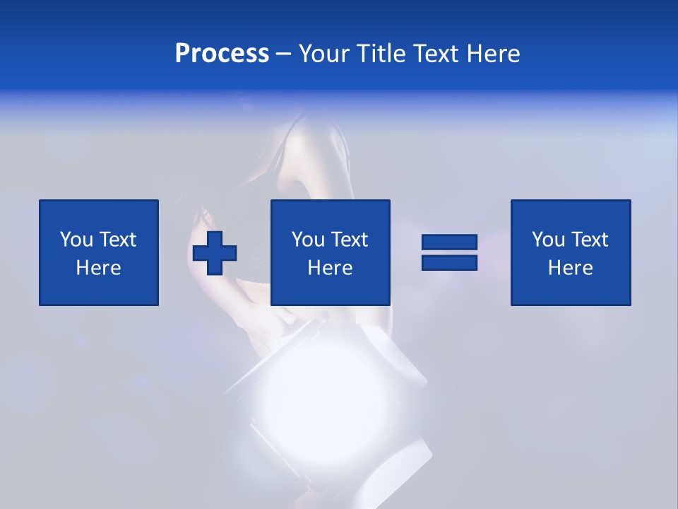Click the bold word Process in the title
pos(222,54)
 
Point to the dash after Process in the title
pos(283,54)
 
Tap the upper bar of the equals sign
pos(449,242)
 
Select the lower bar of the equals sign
pos(449,262)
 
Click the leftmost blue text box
pos(99,252)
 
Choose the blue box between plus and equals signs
pos(331,252)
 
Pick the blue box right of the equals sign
pos(571,252)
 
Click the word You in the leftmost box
pos(76,240)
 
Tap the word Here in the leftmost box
pos(99,268)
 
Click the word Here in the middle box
pos(331,268)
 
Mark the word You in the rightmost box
pos(548,240)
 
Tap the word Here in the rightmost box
pos(571,268)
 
